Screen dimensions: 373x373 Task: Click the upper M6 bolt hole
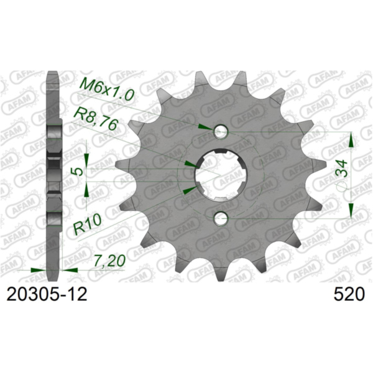(x=221, y=131)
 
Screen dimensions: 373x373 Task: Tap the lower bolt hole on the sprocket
(x=221, y=218)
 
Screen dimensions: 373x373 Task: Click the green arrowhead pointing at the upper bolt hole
(x=205, y=127)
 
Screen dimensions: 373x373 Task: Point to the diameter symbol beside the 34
(x=341, y=185)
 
